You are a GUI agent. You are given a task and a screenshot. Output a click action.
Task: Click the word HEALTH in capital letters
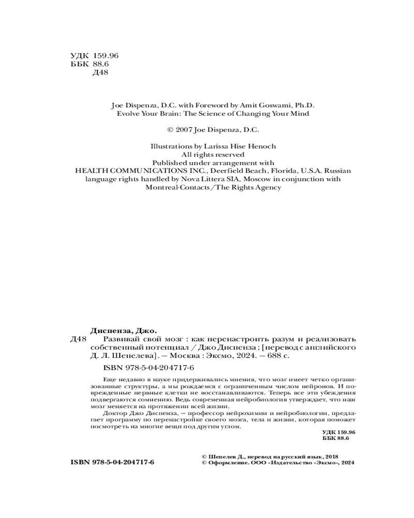[x=92, y=170]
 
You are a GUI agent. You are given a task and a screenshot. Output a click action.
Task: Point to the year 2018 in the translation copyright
[x=330, y=456]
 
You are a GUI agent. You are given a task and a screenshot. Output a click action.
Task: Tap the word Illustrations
[x=168, y=147]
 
